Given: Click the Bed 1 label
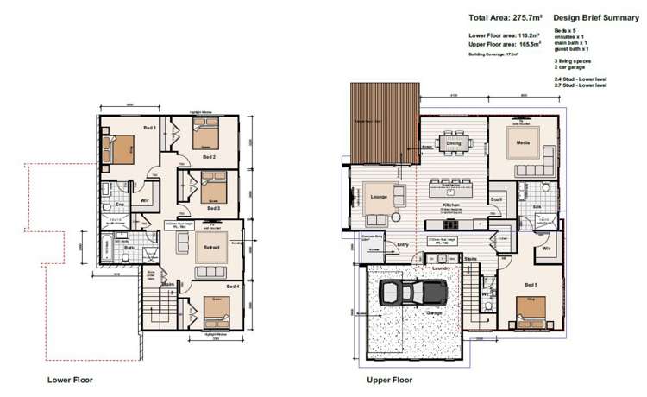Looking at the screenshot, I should (x=148, y=128).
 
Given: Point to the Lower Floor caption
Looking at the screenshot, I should (x=70, y=379).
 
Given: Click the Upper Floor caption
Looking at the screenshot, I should (x=390, y=379).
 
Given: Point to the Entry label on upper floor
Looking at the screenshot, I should (x=403, y=245).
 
